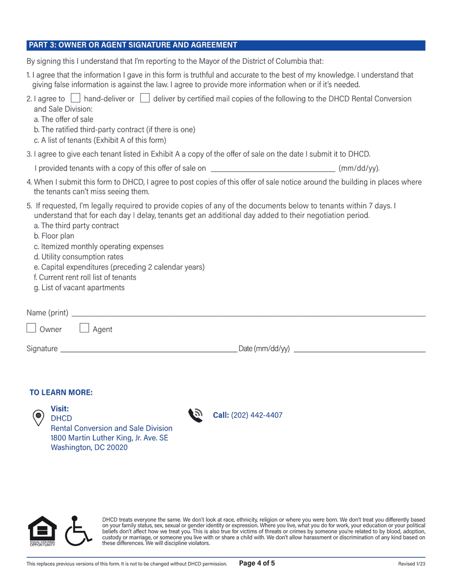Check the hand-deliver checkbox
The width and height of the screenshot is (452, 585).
coord(75,98)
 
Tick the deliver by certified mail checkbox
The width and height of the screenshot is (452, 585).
coord(145,98)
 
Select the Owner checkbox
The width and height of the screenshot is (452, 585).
coord(31,328)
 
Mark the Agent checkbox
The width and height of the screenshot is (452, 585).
coord(84,328)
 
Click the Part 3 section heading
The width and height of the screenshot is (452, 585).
coord(133,45)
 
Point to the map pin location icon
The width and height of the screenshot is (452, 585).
coord(38,418)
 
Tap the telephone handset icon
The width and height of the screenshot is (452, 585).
coord(196,415)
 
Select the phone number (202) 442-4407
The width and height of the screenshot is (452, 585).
coord(256,415)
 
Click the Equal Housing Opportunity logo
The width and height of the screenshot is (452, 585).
coord(42,531)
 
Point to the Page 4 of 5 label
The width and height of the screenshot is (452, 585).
coord(257,564)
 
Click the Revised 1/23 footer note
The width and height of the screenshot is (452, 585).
coord(412,564)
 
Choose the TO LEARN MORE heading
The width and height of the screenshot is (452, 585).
coord(61,392)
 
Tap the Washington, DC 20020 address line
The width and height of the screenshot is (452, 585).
coord(89,448)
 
